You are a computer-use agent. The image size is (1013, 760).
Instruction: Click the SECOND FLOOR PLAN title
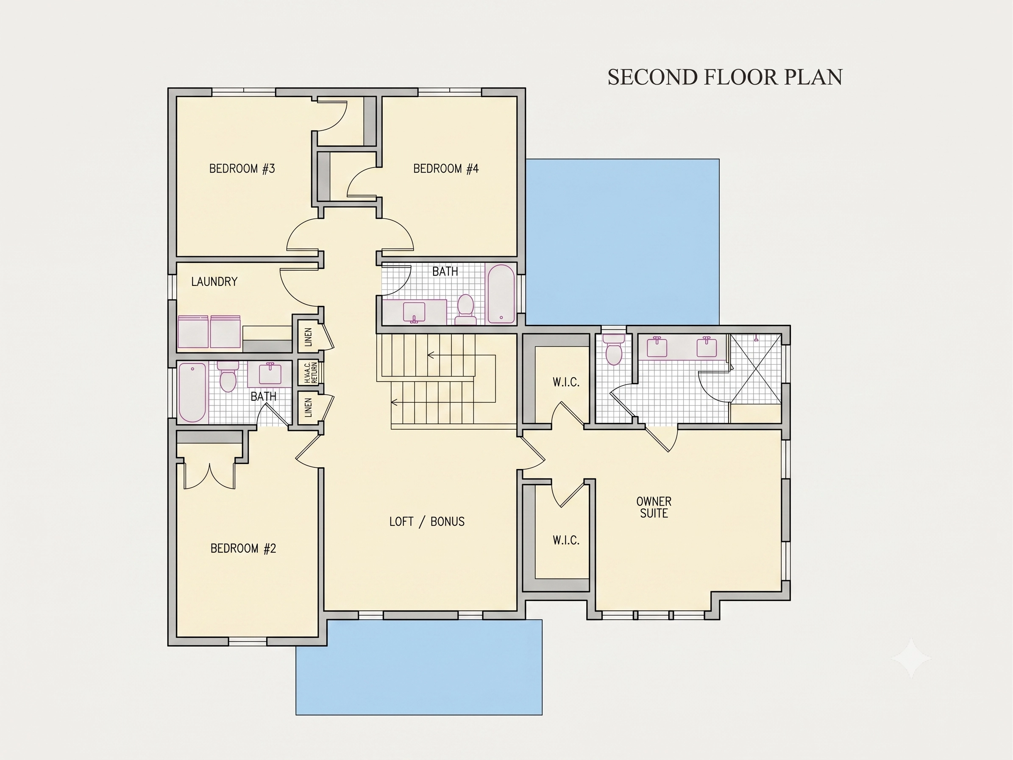tap(725, 77)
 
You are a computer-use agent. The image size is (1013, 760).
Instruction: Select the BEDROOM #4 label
tap(445, 169)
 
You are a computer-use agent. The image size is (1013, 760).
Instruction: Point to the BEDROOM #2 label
tap(243, 548)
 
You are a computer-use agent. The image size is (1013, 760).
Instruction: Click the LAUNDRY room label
tap(214, 281)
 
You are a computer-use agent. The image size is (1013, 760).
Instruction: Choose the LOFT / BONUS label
tap(427, 521)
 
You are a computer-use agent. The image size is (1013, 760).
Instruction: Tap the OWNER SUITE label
tap(654, 507)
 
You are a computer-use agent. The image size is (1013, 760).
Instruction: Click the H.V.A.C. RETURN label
tap(311, 372)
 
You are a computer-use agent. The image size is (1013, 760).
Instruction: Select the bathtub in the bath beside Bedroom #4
tap(501, 293)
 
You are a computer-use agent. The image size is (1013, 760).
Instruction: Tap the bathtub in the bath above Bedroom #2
tap(192, 392)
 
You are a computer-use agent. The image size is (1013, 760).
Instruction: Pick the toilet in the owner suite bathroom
tap(614, 350)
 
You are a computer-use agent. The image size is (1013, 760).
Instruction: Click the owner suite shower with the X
tap(756, 369)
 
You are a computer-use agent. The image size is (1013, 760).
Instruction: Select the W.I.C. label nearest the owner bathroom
tap(566, 382)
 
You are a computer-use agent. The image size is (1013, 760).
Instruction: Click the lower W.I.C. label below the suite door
tap(566, 540)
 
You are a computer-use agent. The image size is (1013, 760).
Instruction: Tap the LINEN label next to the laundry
tap(308, 337)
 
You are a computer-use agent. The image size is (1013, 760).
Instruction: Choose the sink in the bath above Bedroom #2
tap(270, 373)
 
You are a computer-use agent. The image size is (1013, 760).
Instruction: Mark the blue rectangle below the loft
tap(419, 667)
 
